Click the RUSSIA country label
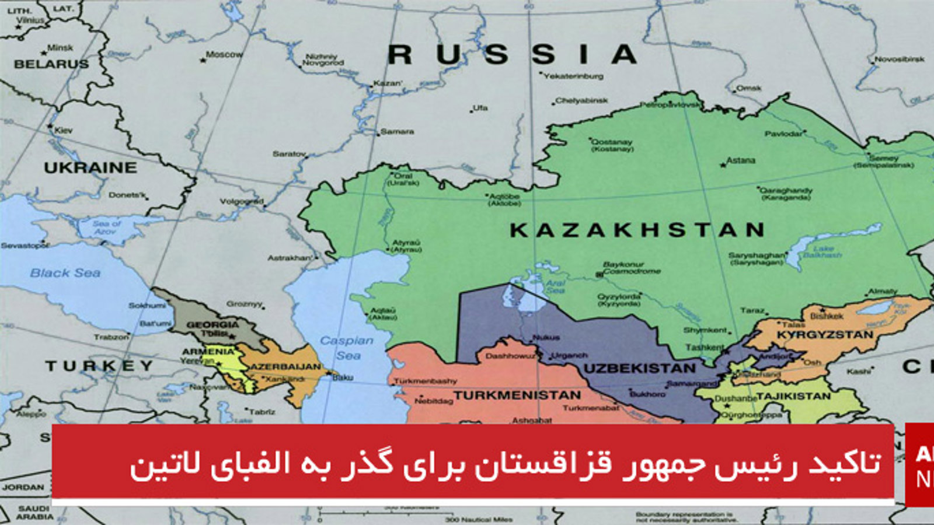513,55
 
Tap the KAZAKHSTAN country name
637,230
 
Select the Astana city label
740,160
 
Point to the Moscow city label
224,54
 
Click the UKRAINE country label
90,168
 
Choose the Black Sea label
65,273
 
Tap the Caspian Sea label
347,348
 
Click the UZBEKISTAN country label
640,369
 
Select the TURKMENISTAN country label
517,395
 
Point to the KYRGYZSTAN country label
825,335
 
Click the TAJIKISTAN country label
793,396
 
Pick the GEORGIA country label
212,324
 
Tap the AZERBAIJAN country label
285,367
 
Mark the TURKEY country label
99,366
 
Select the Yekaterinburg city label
574,76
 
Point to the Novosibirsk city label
900,59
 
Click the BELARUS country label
51,64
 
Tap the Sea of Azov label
106,228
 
